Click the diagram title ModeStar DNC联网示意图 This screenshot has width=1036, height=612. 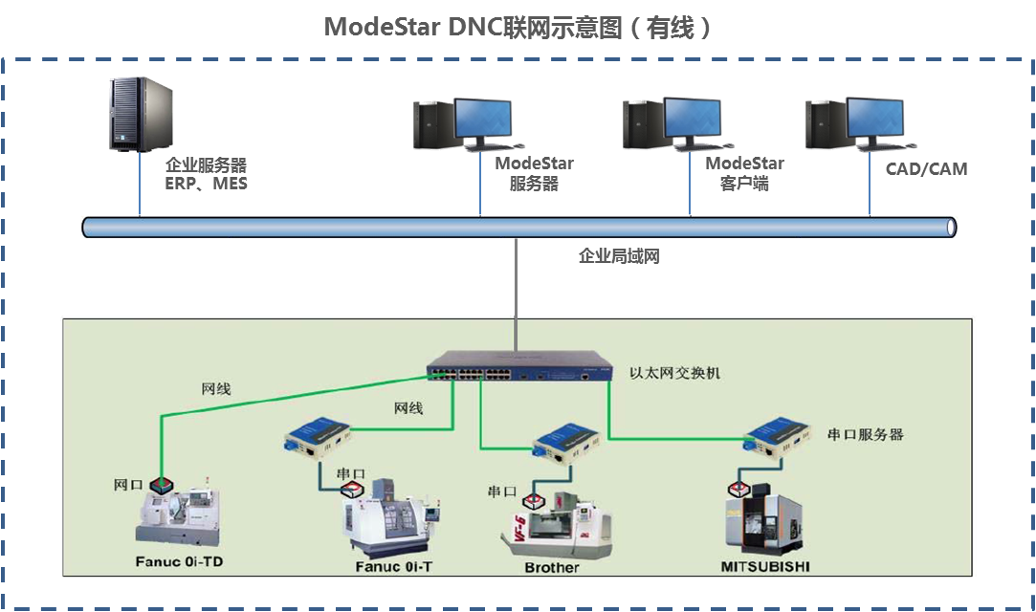pyautogui.click(x=518, y=27)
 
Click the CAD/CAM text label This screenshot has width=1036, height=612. pyautogui.click(x=925, y=169)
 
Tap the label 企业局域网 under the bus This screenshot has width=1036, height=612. pyautogui.click(x=619, y=256)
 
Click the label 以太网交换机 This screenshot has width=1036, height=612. pyautogui.click(x=674, y=373)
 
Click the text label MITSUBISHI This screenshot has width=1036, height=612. pyautogui.click(x=765, y=567)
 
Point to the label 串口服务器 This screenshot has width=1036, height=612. pyautogui.click(x=865, y=435)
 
